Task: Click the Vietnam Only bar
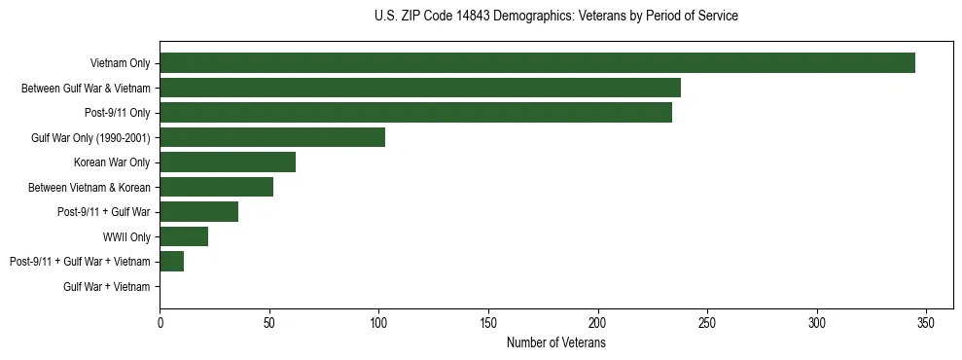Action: (x=537, y=63)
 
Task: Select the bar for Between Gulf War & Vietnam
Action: (x=420, y=88)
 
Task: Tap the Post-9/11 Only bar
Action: (x=415, y=113)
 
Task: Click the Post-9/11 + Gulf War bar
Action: (x=198, y=212)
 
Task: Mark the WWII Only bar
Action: (x=184, y=236)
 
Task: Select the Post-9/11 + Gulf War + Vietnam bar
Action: (x=171, y=262)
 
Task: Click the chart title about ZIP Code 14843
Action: (x=555, y=17)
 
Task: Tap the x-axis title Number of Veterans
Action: (x=555, y=343)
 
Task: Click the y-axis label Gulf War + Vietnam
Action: (x=107, y=287)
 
